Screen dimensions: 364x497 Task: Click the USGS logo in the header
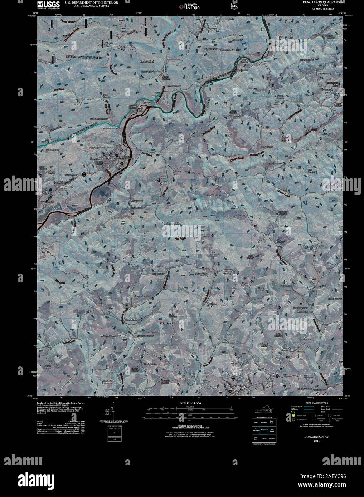[x=45, y=5]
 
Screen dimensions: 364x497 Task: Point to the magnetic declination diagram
[x=112, y=415]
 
